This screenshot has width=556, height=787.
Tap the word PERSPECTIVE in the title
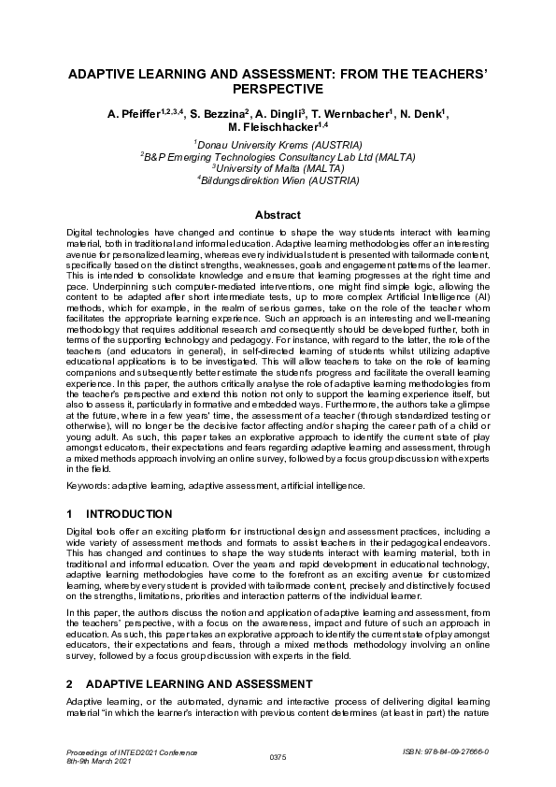tap(278, 90)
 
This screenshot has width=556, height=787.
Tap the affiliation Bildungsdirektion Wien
tap(279, 180)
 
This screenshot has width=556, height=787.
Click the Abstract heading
tap(278, 215)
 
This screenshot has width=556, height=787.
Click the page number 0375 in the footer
tap(278, 755)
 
